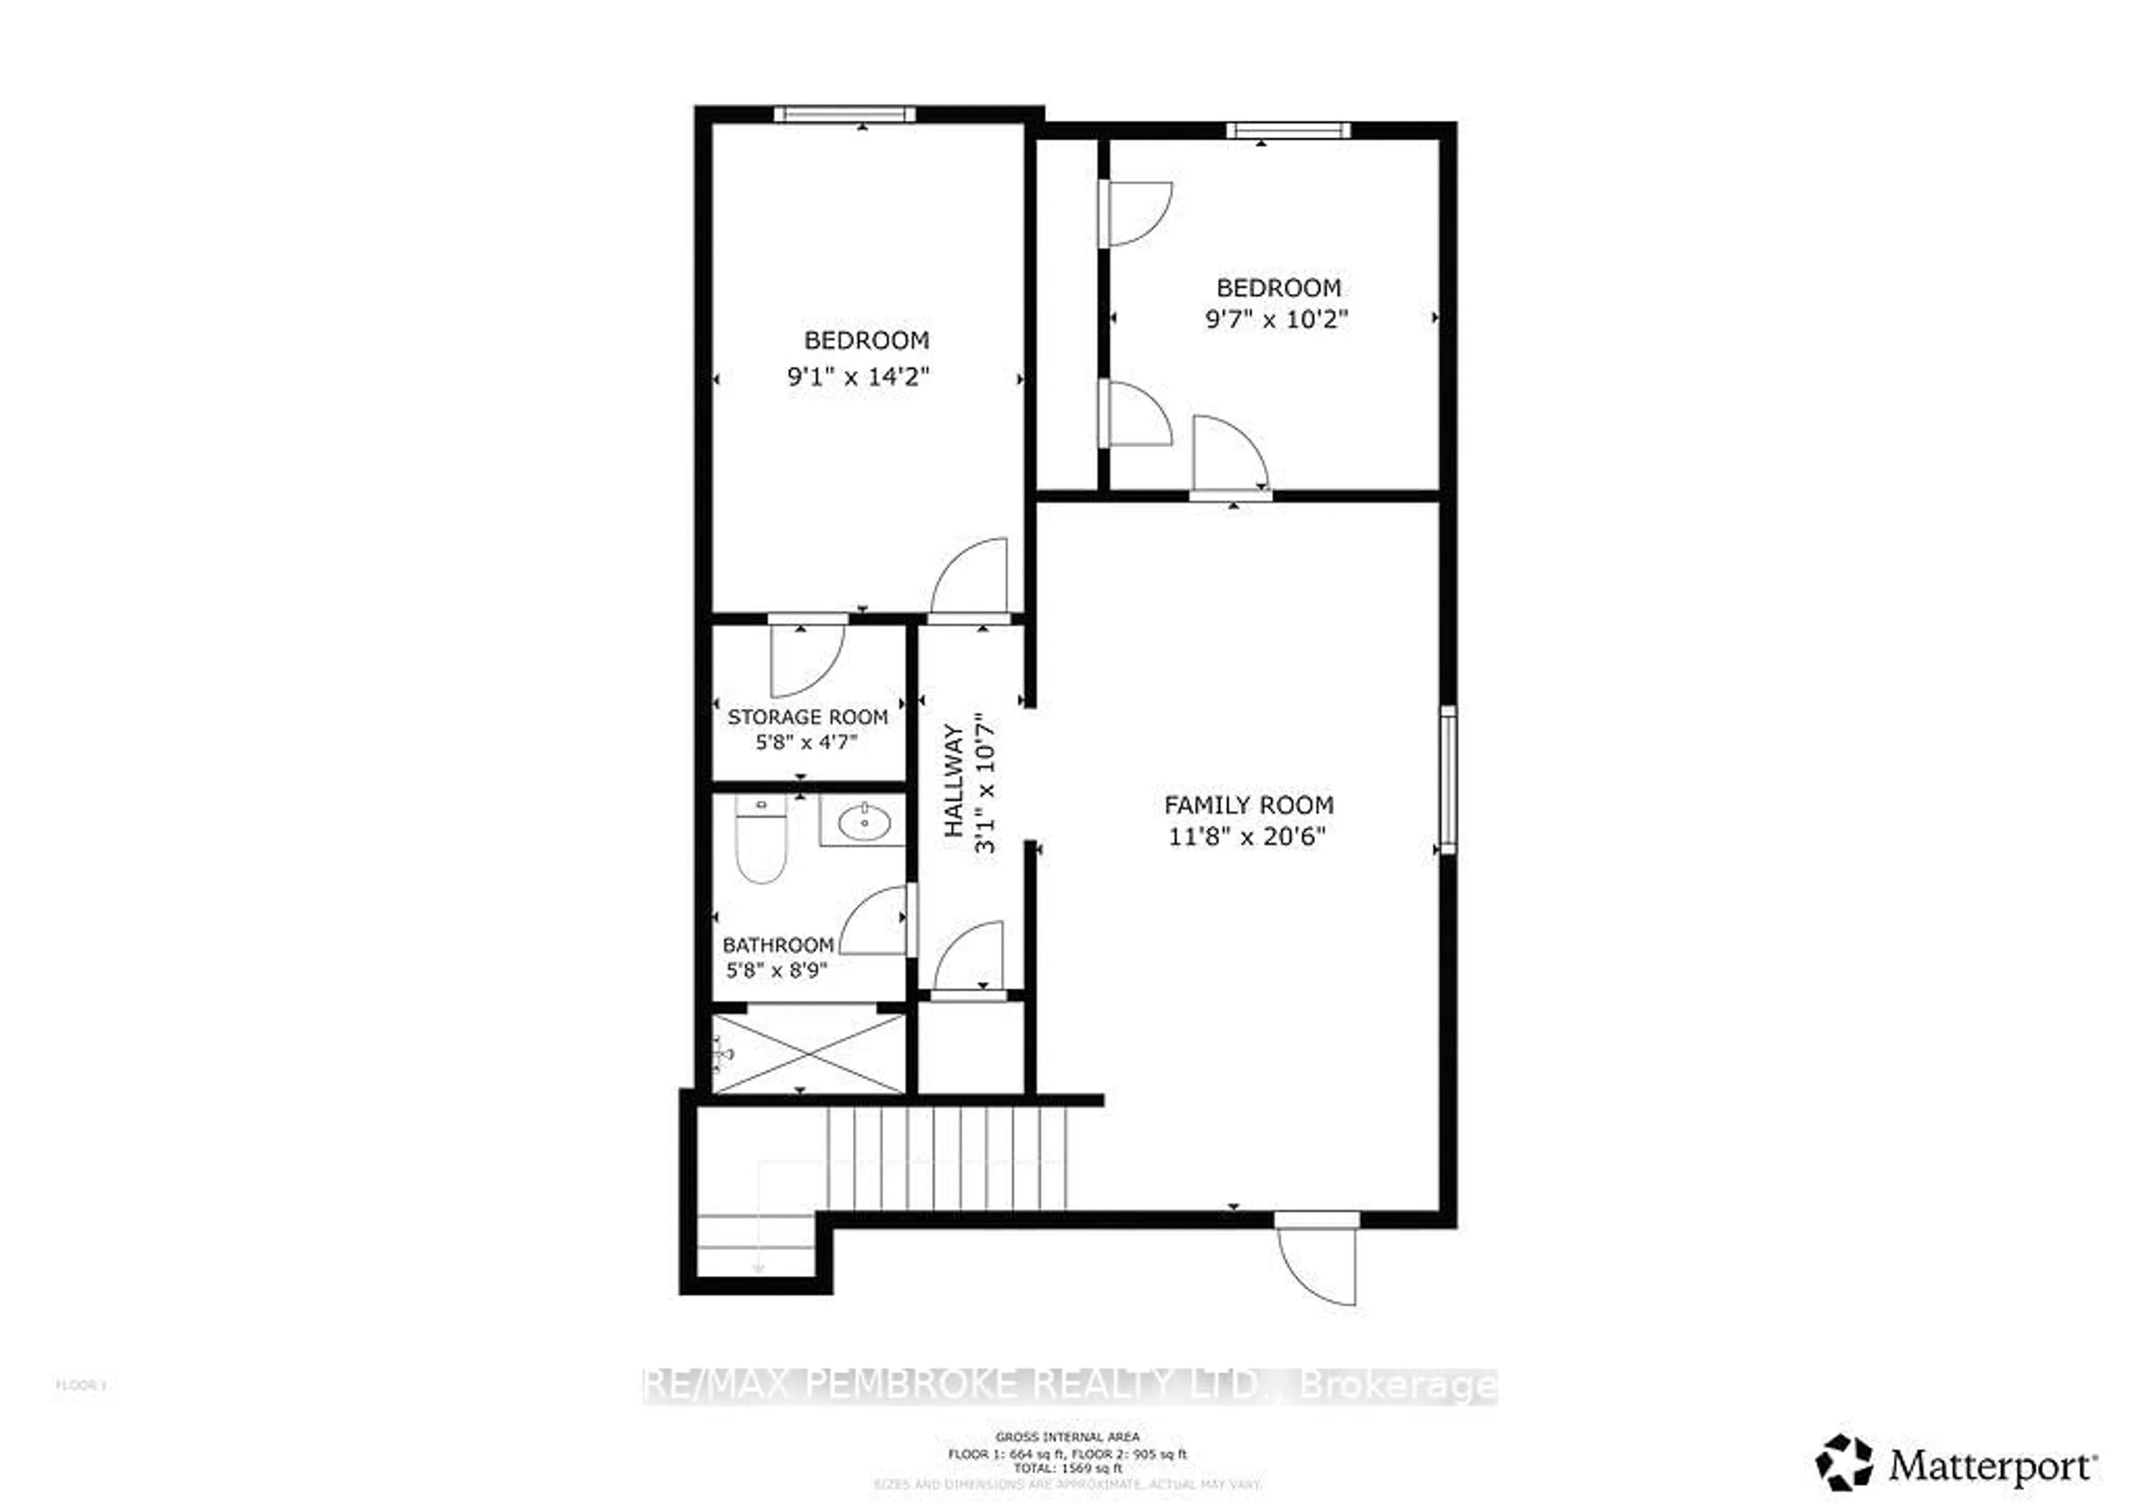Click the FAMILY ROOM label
tap(1248, 805)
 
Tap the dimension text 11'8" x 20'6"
tap(1247, 836)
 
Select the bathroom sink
tap(863, 821)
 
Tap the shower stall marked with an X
tap(808, 1054)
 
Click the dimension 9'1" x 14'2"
tap(859, 377)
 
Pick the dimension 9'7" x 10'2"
tap(1277, 320)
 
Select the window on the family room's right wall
tap(1447, 780)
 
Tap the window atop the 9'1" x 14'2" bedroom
tap(845, 115)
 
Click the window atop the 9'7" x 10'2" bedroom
tap(1288, 130)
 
